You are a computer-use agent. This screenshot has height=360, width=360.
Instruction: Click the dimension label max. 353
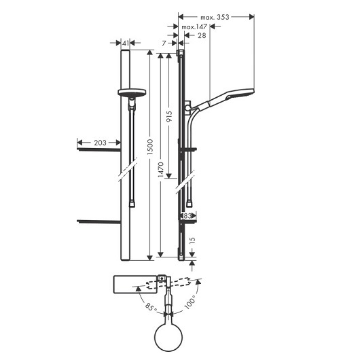(215, 17)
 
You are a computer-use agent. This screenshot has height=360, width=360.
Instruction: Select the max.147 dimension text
(194, 27)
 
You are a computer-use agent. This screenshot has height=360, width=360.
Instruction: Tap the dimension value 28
(202, 35)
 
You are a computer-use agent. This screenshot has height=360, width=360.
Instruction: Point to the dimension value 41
(126, 43)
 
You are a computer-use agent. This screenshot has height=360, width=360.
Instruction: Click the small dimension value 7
(164, 43)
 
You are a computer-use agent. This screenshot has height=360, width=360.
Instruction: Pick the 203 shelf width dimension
(100, 143)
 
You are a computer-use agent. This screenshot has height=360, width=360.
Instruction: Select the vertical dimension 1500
(150, 147)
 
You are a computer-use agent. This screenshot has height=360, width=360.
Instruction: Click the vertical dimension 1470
(161, 169)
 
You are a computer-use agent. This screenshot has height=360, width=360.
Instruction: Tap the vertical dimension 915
(169, 116)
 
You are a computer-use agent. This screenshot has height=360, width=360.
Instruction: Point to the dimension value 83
(187, 216)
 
